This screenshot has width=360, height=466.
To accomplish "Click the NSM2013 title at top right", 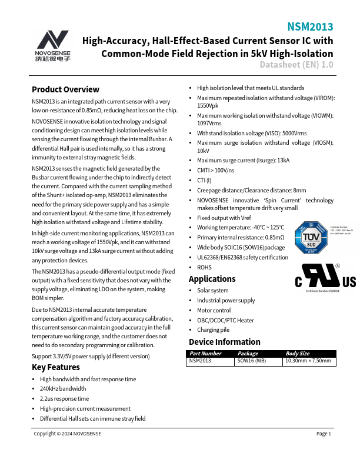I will (x=310, y=27).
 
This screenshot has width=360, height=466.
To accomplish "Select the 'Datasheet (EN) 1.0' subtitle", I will (x=296, y=64).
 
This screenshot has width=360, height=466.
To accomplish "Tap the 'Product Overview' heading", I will (x=65, y=89).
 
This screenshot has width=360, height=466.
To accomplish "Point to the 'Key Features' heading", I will (x=55, y=367).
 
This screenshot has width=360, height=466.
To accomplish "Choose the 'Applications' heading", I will (x=212, y=279).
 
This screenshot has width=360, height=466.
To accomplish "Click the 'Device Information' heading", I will (x=224, y=342).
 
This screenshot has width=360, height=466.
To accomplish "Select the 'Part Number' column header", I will (x=205, y=354).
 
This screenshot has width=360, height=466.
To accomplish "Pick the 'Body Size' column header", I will (x=297, y=354).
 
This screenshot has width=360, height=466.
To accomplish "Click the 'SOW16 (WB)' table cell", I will (x=251, y=361).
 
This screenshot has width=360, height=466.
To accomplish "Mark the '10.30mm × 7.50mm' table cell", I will (x=308, y=361).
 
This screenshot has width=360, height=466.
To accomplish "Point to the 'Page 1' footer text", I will (x=324, y=434).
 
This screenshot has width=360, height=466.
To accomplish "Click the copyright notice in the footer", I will (x=67, y=434).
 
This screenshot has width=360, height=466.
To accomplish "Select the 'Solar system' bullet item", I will (x=212, y=291).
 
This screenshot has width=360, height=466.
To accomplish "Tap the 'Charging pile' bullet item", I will (x=213, y=330).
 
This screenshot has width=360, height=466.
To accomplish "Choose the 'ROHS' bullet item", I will (x=204, y=267).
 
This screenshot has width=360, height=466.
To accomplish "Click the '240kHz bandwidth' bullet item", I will (x=62, y=389).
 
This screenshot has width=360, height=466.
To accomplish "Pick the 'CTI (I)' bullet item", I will (x=204, y=180).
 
